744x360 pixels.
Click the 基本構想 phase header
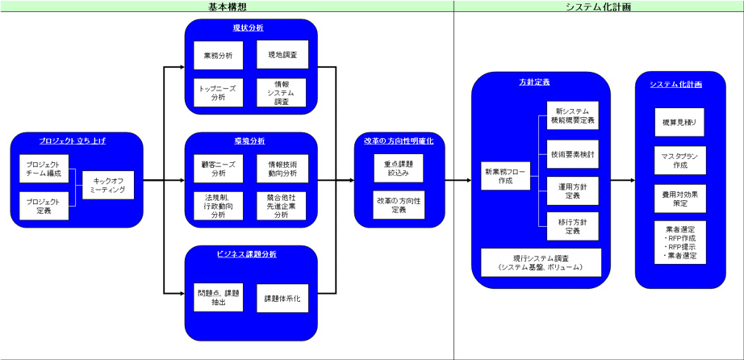coord(227,6)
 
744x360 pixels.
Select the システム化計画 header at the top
coord(598,6)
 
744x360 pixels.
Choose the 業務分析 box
coord(218,56)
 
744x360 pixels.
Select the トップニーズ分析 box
coord(218,92)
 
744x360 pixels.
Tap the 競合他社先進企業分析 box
coord(282,205)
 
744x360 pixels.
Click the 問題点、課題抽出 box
coord(218,298)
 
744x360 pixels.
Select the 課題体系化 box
coord(282,298)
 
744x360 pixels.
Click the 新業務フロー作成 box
coord(504,176)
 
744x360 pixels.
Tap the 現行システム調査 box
coord(541,262)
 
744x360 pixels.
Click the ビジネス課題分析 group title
coord(247,253)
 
